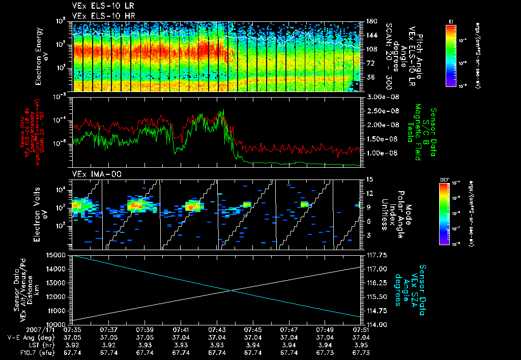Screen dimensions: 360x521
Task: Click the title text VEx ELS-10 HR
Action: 97,16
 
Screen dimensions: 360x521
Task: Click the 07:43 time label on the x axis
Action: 217,330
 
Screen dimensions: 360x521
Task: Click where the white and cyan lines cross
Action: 231,290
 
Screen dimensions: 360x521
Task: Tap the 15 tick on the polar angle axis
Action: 370,179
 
